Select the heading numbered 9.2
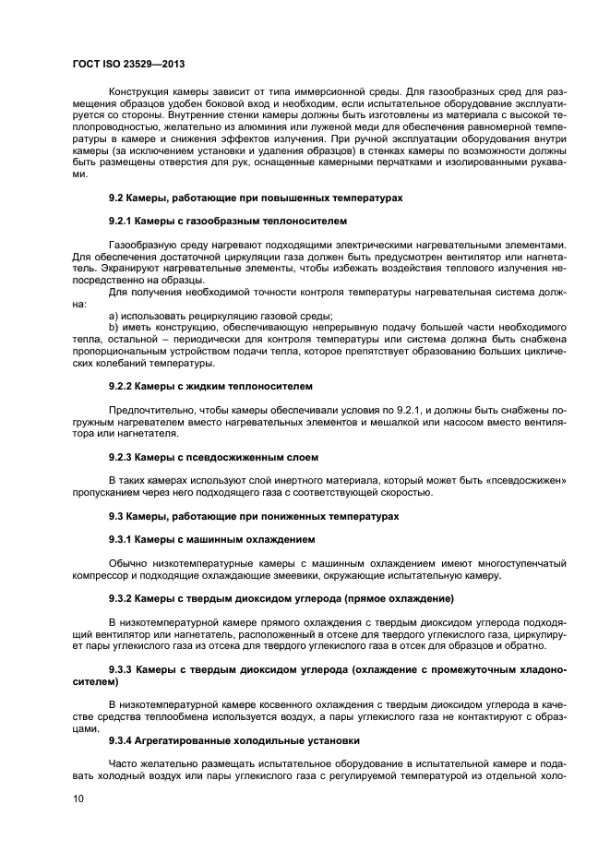coord(254,198)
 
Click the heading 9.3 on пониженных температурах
coord(254,516)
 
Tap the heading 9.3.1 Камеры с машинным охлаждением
coord(212,539)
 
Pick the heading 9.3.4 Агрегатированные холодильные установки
coord(235,740)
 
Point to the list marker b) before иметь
coord(114,328)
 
